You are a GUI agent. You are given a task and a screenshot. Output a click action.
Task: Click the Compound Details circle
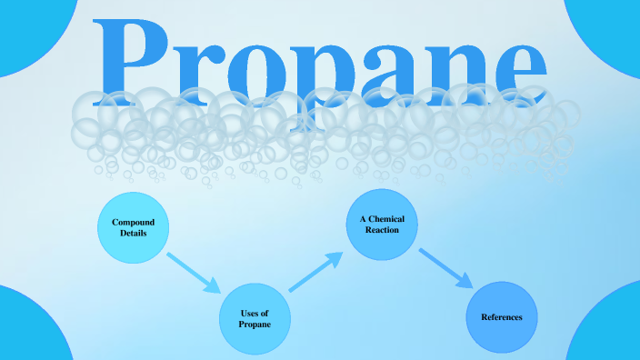[x=134, y=228]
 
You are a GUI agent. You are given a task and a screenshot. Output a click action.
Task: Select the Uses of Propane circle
[x=255, y=318]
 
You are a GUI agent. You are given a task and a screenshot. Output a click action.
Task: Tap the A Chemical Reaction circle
[x=382, y=225]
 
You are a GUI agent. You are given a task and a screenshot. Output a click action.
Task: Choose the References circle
[x=503, y=316]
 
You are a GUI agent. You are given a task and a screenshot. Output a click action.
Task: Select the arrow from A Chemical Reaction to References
[x=445, y=268]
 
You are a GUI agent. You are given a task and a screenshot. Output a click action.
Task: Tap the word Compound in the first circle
[x=134, y=223]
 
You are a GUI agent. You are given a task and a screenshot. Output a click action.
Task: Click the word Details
[x=134, y=234]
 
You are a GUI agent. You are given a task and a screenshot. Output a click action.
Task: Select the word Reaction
[x=382, y=231]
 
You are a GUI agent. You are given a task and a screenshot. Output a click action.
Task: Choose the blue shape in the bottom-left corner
[x=27, y=332]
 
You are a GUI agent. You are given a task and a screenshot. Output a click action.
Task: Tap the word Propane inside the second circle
[x=255, y=324]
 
